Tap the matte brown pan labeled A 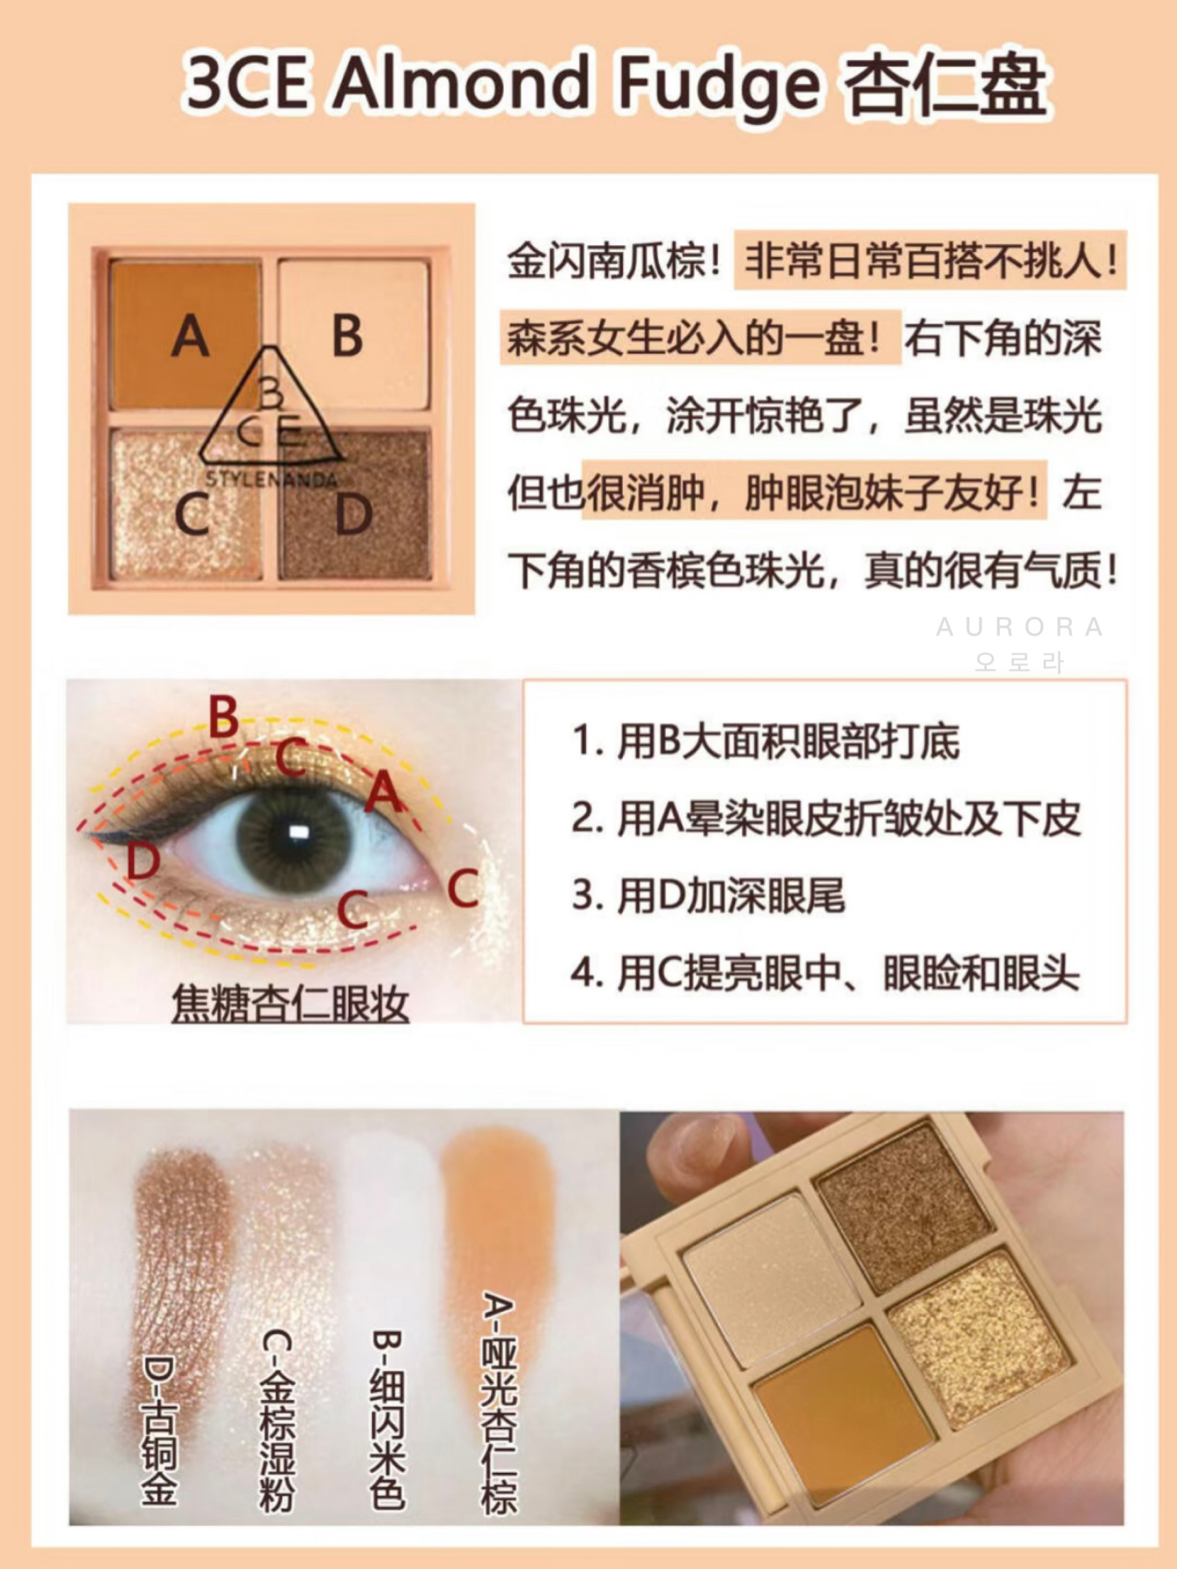click(186, 334)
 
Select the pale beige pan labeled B click(353, 334)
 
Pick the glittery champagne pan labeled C click(186, 504)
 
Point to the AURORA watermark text click(1019, 627)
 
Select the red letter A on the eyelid click(384, 792)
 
